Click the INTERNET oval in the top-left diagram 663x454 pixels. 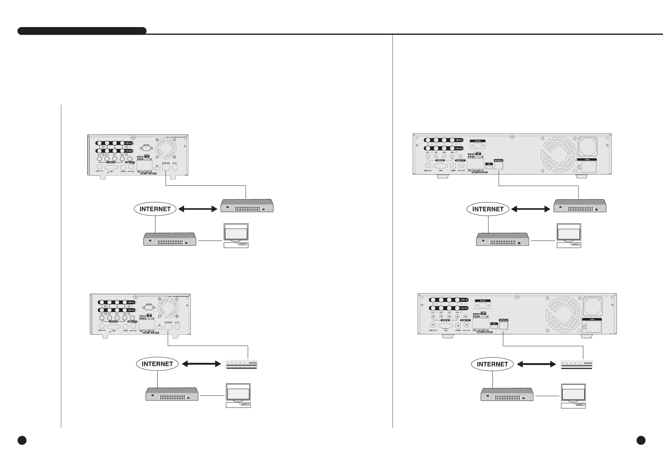click(155, 209)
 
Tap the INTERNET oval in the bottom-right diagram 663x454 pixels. click(492, 364)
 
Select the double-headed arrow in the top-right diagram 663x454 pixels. click(530, 209)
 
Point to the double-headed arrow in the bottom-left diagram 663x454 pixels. click(202, 364)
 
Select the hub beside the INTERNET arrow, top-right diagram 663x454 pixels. click(580, 206)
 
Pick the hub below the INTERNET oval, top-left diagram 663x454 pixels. click(170, 239)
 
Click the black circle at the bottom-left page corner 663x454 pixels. click(22, 440)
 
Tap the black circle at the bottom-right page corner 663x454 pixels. click(641, 440)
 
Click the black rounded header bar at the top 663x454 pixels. click(82, 31)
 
